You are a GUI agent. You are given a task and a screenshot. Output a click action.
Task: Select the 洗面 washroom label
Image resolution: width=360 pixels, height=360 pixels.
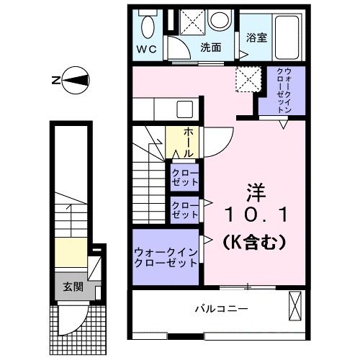click(x=210, y=48)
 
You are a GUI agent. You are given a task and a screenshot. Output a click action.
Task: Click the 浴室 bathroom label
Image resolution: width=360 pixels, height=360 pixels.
click(x=257, y=38)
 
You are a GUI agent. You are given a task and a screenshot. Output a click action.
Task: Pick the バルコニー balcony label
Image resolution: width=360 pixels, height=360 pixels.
click(x=221, y=309)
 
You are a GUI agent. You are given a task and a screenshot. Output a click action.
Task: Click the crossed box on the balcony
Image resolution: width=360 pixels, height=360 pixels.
click(x=296, y=305)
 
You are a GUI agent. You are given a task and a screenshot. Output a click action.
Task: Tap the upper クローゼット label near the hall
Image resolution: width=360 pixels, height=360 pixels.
click(x=185, y=177)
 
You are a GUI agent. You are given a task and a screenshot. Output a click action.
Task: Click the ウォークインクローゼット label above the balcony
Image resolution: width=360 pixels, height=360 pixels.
click(x=166, y=257)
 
